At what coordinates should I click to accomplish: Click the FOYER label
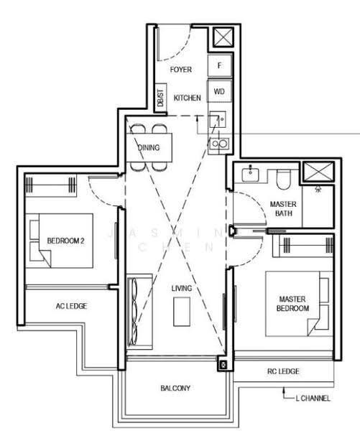pos(180,70)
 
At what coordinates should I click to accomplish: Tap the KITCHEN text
pos(188,98)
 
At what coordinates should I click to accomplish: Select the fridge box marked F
pos(219,65)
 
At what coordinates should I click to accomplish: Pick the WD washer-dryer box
pos(219,91)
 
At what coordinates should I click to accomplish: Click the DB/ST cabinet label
pos(161,98)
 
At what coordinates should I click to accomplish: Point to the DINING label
pos(149,147)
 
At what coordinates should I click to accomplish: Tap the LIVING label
pos(182,288)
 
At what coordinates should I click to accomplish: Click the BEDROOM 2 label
pos(65,241)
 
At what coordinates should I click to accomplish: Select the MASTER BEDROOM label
pos(292,303)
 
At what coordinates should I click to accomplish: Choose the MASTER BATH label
pos(283,208)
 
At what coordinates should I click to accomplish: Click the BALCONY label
pos(175,388)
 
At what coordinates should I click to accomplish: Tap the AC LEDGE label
pos(71,306)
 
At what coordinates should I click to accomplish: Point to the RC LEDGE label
pos(283,371)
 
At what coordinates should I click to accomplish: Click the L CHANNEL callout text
pos(313,398)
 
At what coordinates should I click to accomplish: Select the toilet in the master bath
pos(284,179)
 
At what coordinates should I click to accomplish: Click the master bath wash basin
pos(250,175)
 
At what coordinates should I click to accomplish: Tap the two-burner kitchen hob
pos(219,144)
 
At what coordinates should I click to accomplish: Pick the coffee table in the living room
pos(182,312)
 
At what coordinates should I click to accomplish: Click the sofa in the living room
pos(139,312)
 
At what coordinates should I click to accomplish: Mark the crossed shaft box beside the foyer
pos(223,37)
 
